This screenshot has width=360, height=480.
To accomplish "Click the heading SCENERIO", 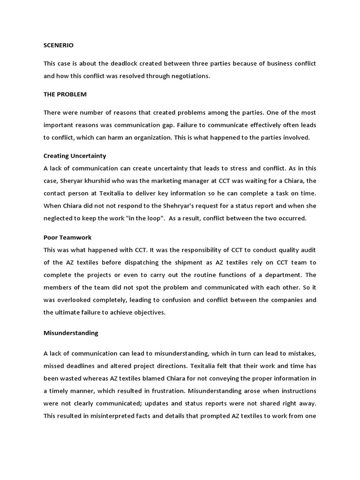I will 59,45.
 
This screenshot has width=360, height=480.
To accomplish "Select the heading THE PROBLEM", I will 65,94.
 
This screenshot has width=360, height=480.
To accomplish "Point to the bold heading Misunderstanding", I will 71,333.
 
